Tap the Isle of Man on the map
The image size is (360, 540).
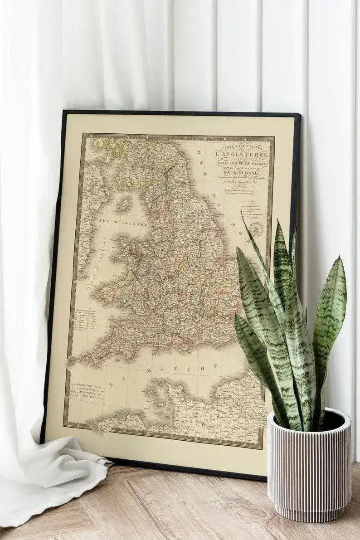click(x=123, y=205)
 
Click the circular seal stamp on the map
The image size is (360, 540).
click(x=256, y=229)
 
